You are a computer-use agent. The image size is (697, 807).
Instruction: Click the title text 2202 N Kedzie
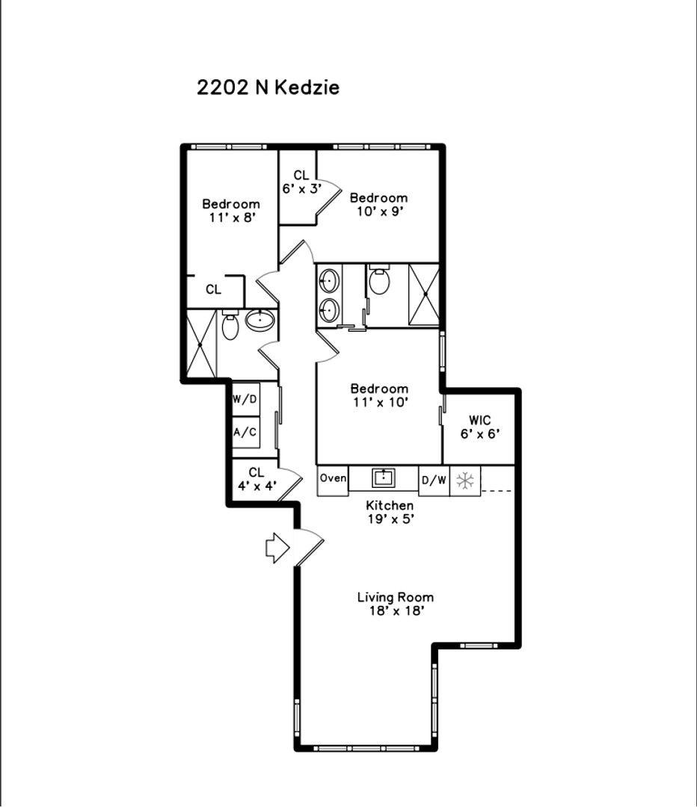click(268, 87)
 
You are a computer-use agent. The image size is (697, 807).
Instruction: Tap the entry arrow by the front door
click(277, 548)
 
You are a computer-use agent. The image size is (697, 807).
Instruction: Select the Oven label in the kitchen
click(333, 478)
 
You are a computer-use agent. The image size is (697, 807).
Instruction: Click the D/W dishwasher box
click(434, 480)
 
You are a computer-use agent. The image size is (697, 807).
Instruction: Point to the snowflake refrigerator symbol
click(465, 481)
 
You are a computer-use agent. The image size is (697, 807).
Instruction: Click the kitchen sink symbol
click(384, 477)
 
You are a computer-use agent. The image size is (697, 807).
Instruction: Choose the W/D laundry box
click(245, 399)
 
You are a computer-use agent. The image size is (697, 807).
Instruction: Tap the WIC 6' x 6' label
click(479, 427)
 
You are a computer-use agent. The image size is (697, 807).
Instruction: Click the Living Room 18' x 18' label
click(396, 604)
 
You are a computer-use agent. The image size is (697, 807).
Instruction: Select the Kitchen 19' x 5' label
click(390, 512)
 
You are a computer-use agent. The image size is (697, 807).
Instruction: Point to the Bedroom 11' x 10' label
click(380, 395)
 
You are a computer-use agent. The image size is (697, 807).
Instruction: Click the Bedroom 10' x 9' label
click(378, 204)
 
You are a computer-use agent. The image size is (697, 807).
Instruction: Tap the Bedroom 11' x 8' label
click(231, 211)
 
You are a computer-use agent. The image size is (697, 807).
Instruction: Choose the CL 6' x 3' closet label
click(302, 182)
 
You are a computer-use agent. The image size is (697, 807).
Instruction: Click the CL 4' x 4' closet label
click(257, 479)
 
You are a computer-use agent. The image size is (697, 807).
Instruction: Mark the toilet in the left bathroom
click(230, 325)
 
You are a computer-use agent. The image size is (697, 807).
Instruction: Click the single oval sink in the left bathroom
click(260, 320)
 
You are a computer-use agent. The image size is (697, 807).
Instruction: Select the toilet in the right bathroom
click(379, 279)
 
